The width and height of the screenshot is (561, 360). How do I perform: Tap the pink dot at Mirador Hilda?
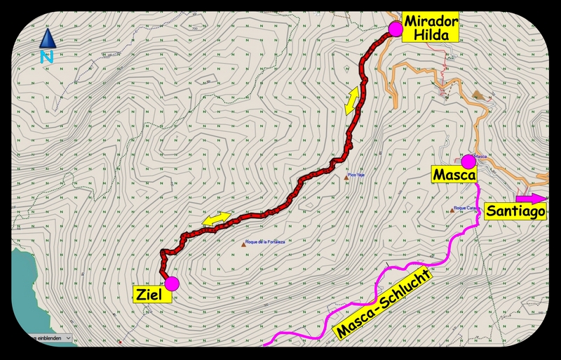pyautogui.click(x=396, y=28)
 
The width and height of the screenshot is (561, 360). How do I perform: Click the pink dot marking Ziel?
pyautogui.click(x=173, y=283)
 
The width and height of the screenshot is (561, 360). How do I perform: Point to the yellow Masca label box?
pyautogui.click(x=454, y=173)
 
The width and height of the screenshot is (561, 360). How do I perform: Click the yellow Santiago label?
pyautogui.click(x=515, y=211)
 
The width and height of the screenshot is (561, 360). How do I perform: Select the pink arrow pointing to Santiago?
pyautogui.click(x=532, y=197)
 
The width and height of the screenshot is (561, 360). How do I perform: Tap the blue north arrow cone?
pyautogui.click(x=47, y=38)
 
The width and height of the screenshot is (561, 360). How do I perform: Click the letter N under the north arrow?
pyautogui.click(x=47, y=58)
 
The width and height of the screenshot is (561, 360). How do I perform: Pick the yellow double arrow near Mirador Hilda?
pyautogui.click(x=351, y=100)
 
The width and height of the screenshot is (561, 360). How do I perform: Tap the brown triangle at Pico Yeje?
pyautogui.click(x=346, y=178)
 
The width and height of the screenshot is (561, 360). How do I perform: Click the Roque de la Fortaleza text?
pyautogui.click(x=266, y=244)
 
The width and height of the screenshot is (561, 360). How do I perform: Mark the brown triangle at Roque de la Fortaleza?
pyautogui.click(x=244, y=244)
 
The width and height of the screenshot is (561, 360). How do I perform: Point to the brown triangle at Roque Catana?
pyautogui.click(x=452, y=209)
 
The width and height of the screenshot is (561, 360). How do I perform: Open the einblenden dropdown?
pyautogui.click(x=46, y=338)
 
